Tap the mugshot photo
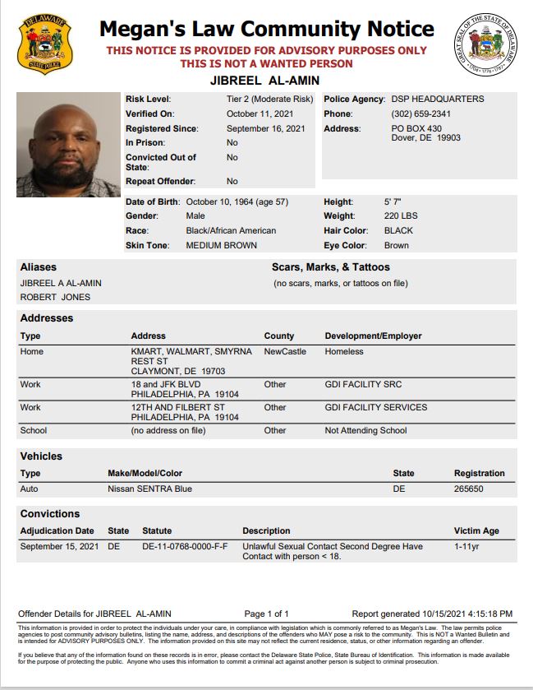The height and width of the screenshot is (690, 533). coord(68,144)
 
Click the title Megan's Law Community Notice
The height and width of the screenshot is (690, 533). coord(266,30)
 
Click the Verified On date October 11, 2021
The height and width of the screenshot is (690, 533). coord(259,113)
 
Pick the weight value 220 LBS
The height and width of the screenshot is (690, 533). coord(401,216)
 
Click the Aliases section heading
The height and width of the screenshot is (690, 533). coord(37,267)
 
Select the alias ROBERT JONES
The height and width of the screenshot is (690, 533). coord(55,297)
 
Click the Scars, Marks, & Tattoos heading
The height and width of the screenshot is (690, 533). coord(331,267)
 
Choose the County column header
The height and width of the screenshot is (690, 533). coord(279,336)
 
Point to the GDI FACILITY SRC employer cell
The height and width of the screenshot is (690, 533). coord(363,384)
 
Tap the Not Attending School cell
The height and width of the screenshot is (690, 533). coord(365,430)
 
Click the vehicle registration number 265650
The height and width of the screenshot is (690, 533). coord(470,489)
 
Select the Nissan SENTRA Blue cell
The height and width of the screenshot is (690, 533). coord(149,489)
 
